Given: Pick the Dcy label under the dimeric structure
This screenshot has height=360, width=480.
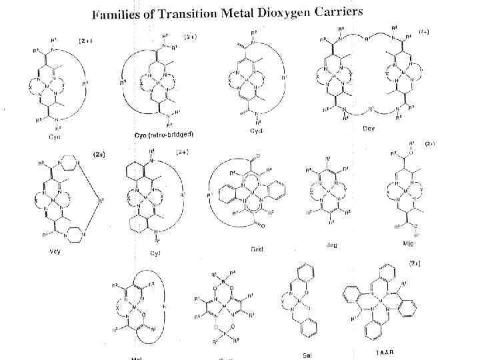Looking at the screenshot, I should click(369, 128).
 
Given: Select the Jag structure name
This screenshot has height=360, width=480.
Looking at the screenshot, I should click(331, 245).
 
